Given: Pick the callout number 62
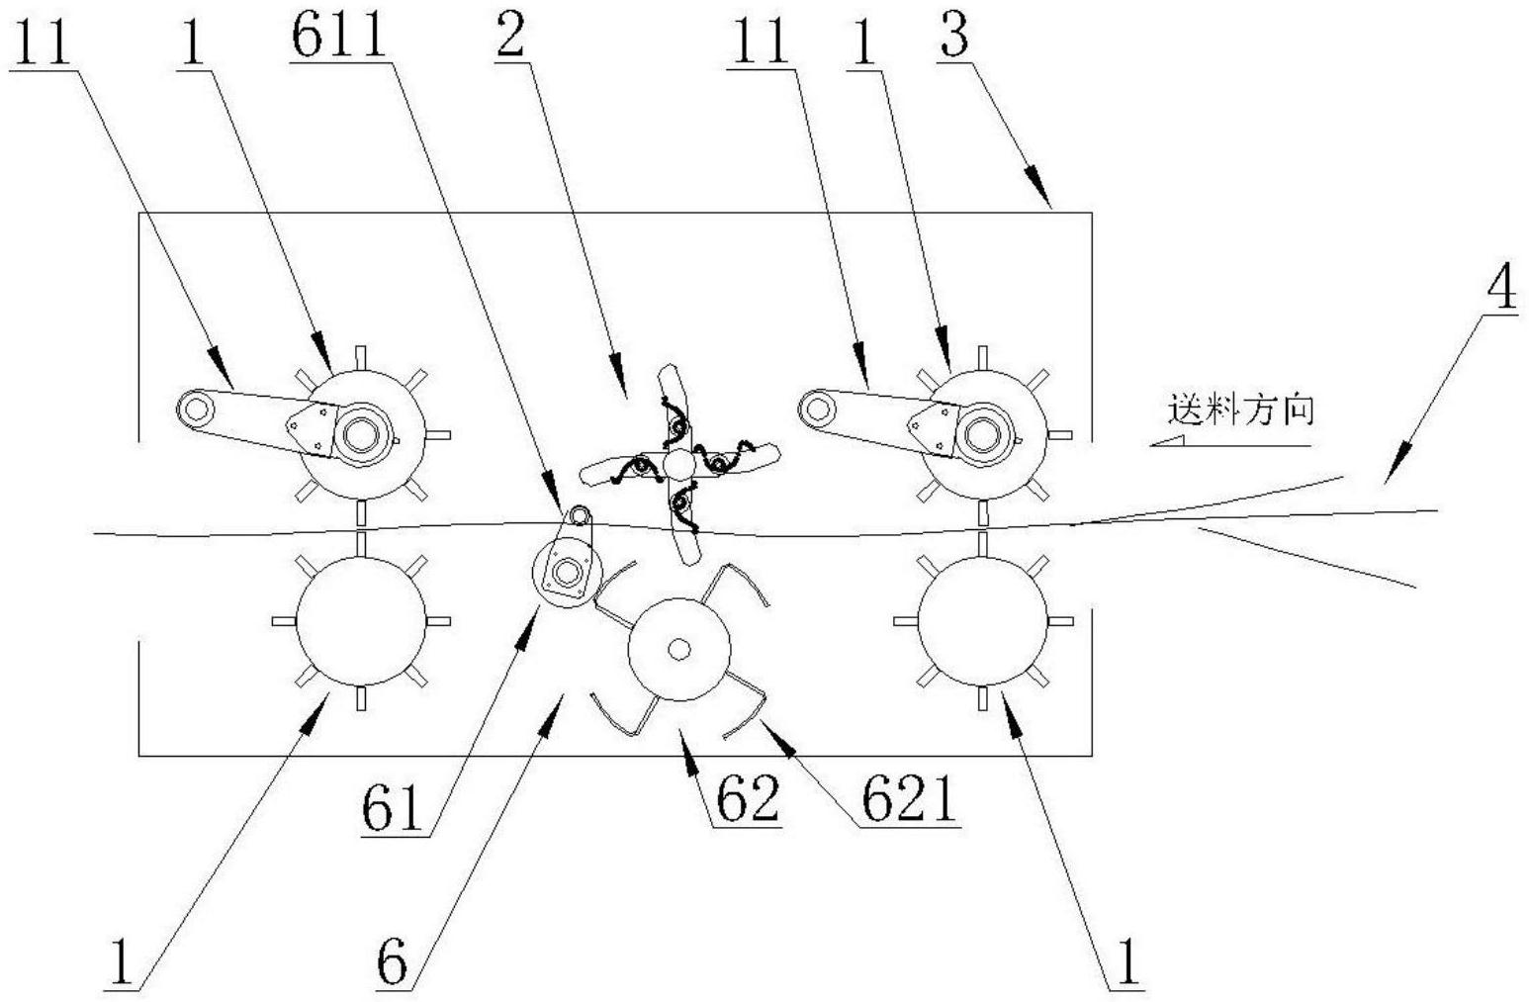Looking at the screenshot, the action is point(748,800).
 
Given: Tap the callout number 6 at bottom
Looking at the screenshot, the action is point(393,961).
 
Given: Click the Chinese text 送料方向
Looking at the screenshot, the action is point(1241,410).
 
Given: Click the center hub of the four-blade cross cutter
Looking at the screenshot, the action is point(678,463).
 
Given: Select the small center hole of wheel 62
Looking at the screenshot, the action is point(678,649).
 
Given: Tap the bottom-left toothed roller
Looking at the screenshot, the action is point(361,621).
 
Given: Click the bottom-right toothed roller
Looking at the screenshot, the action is point(982,621).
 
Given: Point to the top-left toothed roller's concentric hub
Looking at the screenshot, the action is point(360,433).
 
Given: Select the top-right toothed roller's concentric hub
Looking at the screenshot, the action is point(982,433).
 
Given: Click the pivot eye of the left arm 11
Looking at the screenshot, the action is point(193,407).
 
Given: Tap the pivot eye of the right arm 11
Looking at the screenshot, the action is point(815,406).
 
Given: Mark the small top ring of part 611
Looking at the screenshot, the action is point(578,514).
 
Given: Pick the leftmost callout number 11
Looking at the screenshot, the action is point(43,44).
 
